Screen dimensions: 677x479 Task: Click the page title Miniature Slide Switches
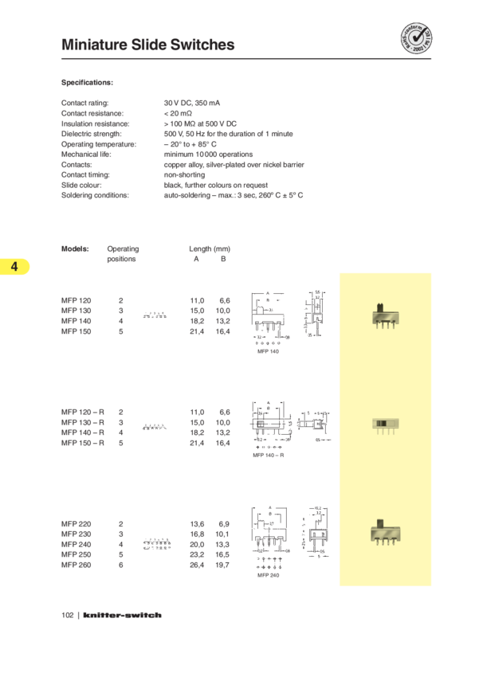pyautogui.click(x=147, y=45)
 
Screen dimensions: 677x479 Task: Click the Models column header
pyautogui.click(x=75, y=248)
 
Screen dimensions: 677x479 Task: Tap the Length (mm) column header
pyautogui.click(x=210, y=248)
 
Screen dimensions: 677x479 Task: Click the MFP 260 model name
pyautogui.click(x=77, y=565)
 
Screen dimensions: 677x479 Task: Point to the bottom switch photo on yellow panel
pyautogui.click(x=385, y=531)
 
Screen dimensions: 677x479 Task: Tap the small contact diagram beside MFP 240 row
pyautogui.click(x=157, y=545)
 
